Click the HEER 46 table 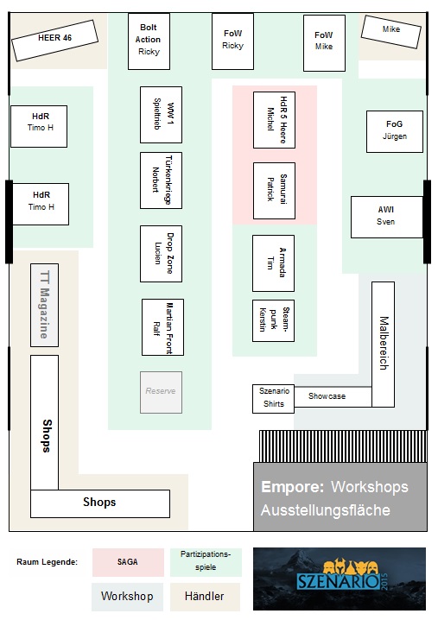tap(54, 41)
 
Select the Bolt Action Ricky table tap(149, 41)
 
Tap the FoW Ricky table tap(232, 41)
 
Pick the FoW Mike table tap(324, 43)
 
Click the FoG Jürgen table tap(395, 131)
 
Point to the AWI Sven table tap(387, 217)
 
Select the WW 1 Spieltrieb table tap(161, 115)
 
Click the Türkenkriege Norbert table tap(161, 180)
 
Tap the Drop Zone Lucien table tap(161, 254)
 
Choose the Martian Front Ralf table tap(162, 327)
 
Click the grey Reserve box tap(161, 392)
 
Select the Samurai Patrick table tap(274, 191)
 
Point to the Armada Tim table tap(273, 263)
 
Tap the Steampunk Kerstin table tap(273, 320)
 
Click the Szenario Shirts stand tap(273, 399)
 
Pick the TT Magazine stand tap(44, 306)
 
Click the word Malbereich tap(384, 343)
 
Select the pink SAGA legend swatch tap(128, 562)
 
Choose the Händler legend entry tap(205, 597)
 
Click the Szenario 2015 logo tap(340, 579)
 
